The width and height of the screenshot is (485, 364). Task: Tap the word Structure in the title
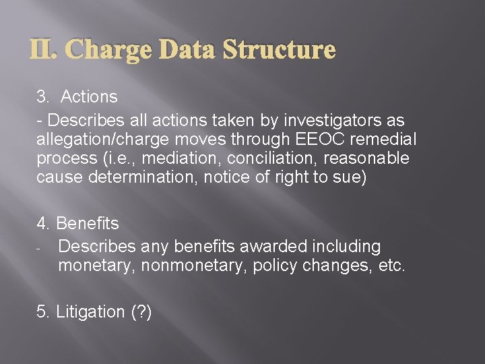(279, 51)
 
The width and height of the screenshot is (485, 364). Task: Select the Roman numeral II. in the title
(46, 51)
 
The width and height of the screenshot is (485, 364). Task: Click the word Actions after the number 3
(89, 97)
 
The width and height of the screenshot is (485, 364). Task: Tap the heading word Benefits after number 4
(88, 223)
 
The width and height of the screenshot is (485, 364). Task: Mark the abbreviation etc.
(392, 266)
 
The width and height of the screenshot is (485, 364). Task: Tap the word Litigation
(91, 312)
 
